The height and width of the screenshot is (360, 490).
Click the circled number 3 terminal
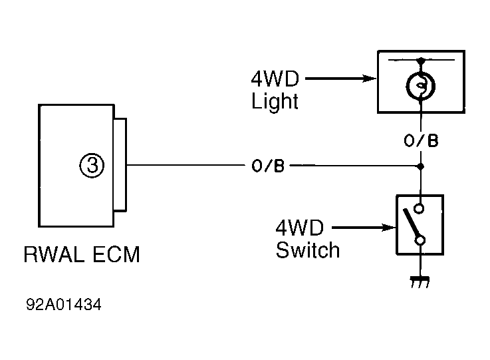coord(92,166)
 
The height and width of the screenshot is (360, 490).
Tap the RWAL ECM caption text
coord(82,254)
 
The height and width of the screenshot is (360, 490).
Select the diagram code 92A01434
coord(64,304)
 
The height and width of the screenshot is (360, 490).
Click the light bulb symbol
coord(421,86)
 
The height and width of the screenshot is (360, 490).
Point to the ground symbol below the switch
coord(420,281)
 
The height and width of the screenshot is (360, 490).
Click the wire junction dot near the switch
coord(421,166)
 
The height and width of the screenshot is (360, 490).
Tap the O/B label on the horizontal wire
coord(268,166)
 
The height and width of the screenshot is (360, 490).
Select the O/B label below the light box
coord(421,140)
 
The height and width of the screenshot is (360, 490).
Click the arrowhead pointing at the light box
coord(370,79)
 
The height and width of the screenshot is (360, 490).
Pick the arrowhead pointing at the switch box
coord(389,228)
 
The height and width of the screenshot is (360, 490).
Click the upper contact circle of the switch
coord(419,208)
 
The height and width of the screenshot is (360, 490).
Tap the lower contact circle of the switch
coord(420,240)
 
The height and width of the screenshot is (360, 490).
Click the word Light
coord(275,102)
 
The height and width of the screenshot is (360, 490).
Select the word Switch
coord(308,250)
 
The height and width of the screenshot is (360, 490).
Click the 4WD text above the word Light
coord(275,79)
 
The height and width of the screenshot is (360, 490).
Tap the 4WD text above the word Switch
coord(299,228)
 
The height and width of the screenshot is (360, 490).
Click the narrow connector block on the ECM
coord(120,165)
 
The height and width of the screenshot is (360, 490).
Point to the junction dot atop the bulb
coord(422,61)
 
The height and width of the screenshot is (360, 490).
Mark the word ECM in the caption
coord(116,254)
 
